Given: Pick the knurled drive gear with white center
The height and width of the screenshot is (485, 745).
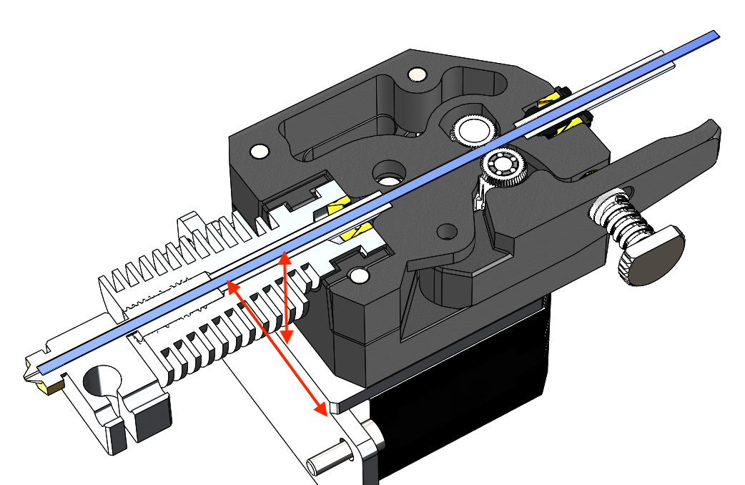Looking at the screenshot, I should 473,129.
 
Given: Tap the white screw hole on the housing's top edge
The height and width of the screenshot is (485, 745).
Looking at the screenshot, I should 414,74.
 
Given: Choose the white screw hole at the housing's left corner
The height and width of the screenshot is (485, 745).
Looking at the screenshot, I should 258,151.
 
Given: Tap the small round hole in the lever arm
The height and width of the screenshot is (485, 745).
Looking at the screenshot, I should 448,232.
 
